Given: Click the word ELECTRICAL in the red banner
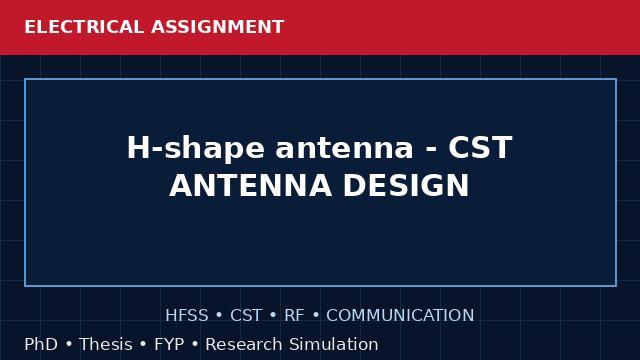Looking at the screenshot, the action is pos(84,27).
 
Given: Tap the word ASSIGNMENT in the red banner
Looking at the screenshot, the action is pos(218,27).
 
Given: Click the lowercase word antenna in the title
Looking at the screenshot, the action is pos(344,148).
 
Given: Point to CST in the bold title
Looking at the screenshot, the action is pos(480,147).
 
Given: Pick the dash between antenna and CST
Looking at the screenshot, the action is pos(431,150).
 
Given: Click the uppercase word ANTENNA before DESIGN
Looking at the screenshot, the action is pos(250,186).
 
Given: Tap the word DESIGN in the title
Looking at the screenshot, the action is pos(406,186).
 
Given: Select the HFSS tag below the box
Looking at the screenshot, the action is pos(187,316).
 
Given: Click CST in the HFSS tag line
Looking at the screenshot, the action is pos(246,316).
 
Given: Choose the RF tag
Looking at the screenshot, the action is pos(294,316).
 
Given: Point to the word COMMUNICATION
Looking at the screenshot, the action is pos(400,316).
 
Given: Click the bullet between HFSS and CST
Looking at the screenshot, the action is pos(219,316).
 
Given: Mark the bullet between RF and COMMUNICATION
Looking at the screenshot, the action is pos(316,316).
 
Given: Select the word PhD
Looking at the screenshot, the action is pos(41,344).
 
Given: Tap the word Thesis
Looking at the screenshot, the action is pos(106,344).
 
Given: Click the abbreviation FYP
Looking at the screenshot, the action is pos(169,344).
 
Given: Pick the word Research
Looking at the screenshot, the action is pos(244,344).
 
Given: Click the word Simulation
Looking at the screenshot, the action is pos(334,344).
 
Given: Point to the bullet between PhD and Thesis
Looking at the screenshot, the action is pos(69,344).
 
